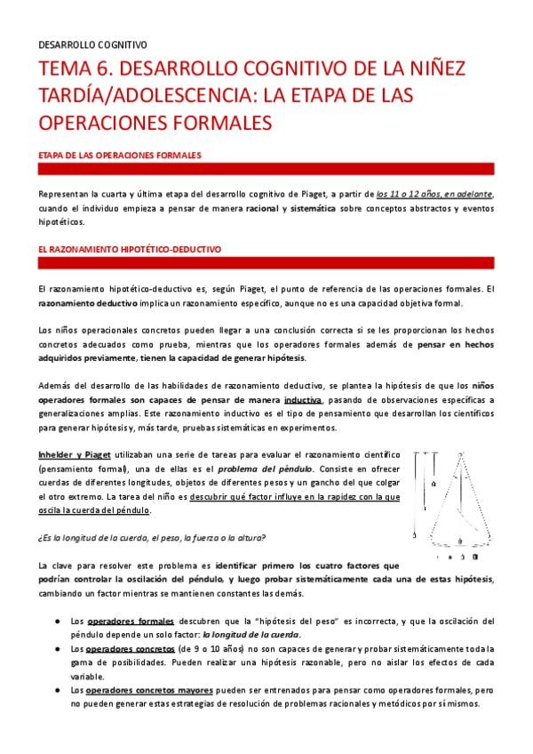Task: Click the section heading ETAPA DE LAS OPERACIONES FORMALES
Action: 120,156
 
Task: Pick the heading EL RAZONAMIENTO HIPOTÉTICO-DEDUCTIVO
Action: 130,251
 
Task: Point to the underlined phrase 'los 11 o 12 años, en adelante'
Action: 434,194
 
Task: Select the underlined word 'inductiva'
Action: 303,400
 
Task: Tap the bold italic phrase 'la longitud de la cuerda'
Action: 251,635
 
